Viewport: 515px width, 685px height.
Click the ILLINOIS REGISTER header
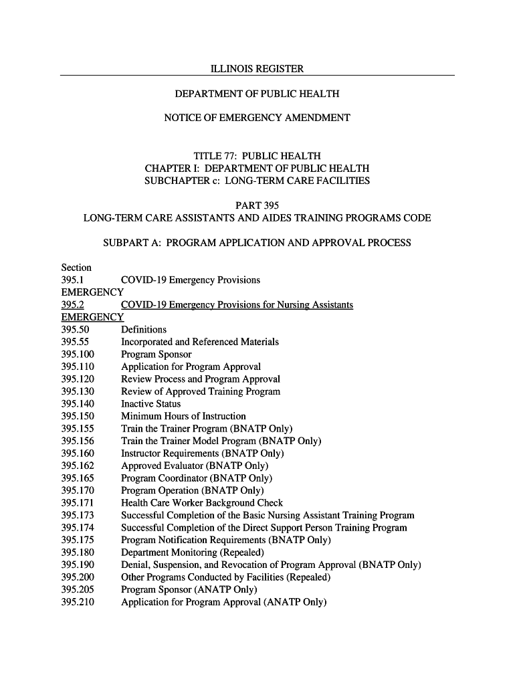[x=257, y=69]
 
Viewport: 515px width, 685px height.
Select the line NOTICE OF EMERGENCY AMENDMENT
[x=257, y=118]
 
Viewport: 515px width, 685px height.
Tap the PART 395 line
[x=257, y=205]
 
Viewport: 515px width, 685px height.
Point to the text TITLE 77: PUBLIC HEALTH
[x=257, y=156]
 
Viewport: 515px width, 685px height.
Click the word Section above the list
[x=76, y=268]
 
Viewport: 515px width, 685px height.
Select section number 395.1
[x=72, y=280]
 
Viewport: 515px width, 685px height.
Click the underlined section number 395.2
[x=72, y=305]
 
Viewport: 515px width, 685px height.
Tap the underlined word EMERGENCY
[x=92, y=317]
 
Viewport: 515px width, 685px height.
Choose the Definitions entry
[x=144, y=330]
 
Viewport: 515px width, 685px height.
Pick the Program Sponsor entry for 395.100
[x=156, y=355]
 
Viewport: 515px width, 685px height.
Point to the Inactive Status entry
[x=150, y=404]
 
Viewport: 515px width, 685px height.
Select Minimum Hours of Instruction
[x=183, y=416]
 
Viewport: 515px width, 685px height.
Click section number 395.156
[x=78, y=441]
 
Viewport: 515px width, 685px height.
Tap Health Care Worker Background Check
[x=202, y=503]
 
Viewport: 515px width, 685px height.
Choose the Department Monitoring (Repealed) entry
[x=193, y=553]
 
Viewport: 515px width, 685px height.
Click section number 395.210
[x=78, y=602]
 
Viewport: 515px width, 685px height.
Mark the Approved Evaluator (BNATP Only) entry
[x=195, y=466]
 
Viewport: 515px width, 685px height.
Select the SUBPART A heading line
[x=257, y=243]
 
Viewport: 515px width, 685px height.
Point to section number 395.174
[x=78, y=528]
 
